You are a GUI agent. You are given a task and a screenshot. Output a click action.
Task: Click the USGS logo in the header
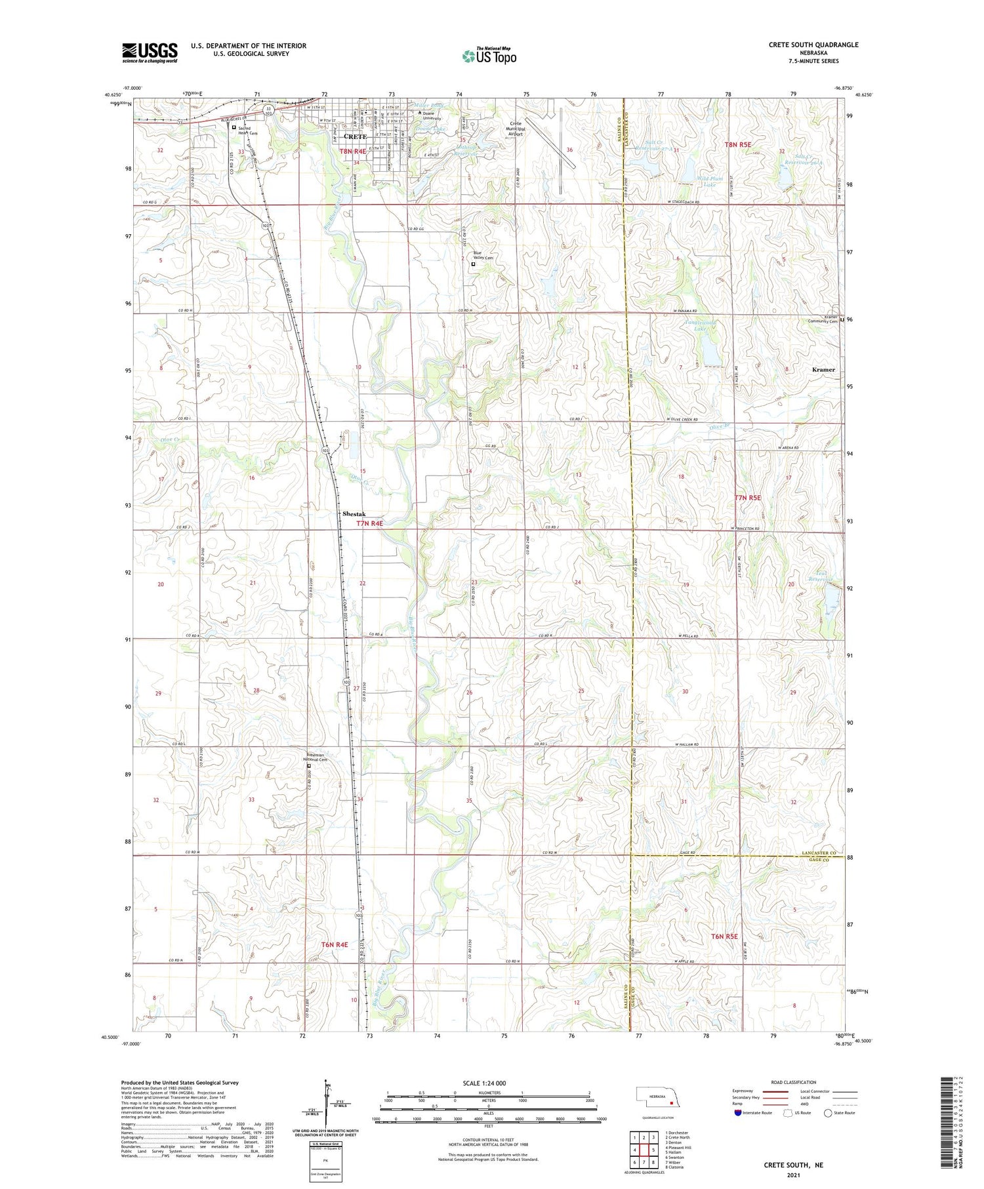click(x=150, y=52)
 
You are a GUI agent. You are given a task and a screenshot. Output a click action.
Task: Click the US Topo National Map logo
click(x=489, y=56)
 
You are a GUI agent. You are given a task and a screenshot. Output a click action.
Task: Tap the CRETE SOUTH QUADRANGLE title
click(x=813, y=45)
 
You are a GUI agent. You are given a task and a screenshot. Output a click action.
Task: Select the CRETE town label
click(x=355, y=136)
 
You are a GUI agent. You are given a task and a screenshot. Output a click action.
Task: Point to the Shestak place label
click(x=354, y=514)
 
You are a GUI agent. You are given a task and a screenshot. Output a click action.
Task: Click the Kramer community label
click(x=823, y=369)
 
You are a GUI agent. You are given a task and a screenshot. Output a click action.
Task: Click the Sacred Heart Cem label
click(x=248, y=131)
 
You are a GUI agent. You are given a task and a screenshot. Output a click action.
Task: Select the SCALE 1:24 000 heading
click(x=484, y=1083)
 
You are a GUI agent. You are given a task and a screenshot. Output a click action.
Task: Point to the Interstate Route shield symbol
click(x=737, y=1113)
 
